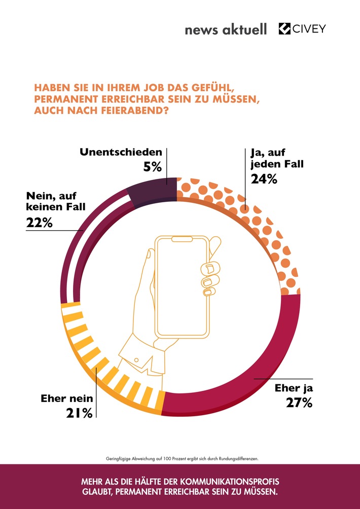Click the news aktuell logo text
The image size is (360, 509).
point(226,30)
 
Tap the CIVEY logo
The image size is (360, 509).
point(302,29)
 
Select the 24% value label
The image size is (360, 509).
point(264,178)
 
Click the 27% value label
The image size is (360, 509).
point(286,404)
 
